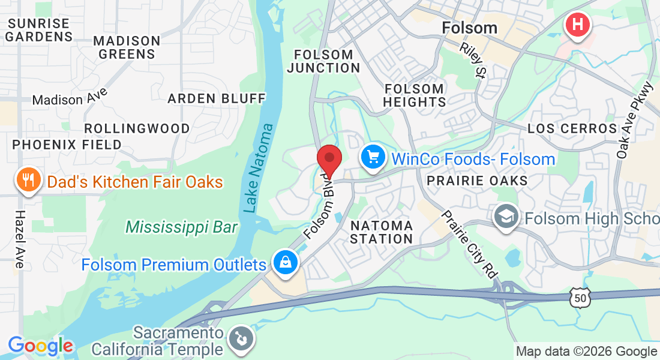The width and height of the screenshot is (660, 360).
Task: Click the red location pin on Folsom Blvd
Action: point(329,158)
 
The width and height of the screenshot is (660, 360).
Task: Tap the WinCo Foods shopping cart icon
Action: point(373,158)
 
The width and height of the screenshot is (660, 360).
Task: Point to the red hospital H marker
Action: point(578,25)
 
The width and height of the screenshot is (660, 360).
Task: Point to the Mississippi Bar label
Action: point(181,227)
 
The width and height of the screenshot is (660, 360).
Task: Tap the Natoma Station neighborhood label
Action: point(382,232)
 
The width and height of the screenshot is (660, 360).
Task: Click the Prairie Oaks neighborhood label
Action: point(477,180)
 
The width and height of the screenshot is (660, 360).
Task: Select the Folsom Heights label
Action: point(414,95)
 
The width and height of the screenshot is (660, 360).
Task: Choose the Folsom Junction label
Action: point(323,61)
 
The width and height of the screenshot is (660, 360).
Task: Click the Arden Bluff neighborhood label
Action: point(216,98)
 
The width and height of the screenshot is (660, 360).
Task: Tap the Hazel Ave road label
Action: point(19,239)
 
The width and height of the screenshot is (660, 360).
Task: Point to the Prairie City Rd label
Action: point(469,244)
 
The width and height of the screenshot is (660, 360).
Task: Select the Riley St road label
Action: point(473,60)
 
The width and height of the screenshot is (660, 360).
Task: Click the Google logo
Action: point(40,346)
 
